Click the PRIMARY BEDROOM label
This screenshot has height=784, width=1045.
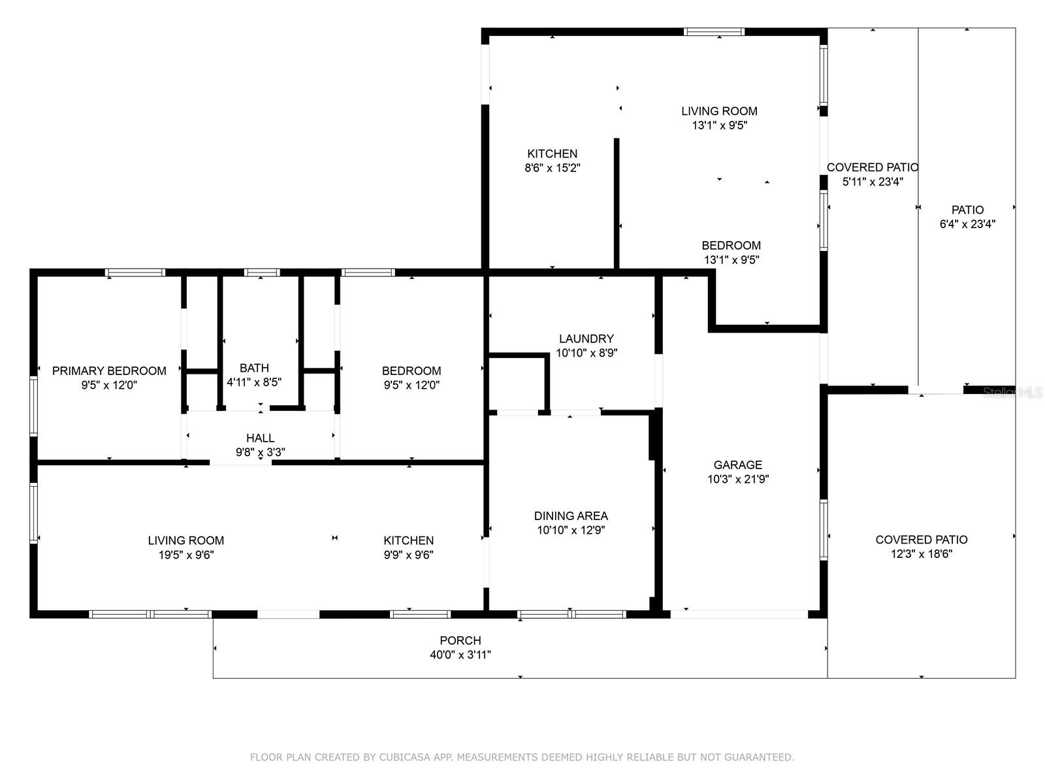[109, 371]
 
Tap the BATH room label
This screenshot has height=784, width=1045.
[254, 368]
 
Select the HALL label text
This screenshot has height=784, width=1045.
[260, 438]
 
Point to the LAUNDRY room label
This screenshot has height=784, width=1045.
[587, 339]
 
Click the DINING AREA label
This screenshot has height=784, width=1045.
[571, 516]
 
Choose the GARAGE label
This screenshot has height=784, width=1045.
[737, 465]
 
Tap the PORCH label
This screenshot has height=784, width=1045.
[460, 641]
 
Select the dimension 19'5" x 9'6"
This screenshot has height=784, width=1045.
[186, 555]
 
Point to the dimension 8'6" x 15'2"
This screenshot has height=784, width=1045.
[553, 168]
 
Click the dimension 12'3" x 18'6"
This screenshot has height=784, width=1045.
[922, 554]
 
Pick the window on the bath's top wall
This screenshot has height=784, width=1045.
[262, 272]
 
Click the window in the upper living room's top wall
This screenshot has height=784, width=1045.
[714, 31]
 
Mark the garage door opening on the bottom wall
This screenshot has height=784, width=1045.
[739, 614]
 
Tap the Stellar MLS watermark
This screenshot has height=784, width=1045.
[1013, 393]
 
